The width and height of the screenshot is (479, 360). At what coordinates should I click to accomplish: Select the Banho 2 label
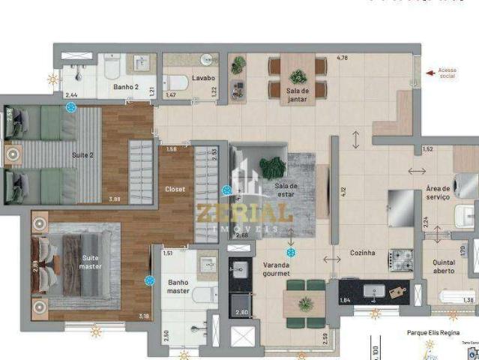pyautogui.click(x=124, y=87)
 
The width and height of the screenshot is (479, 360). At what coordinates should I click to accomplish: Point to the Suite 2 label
pyautogui.click(x=82, y=155)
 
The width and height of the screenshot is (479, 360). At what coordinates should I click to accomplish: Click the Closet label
pyautogui.click(x=175, y=189)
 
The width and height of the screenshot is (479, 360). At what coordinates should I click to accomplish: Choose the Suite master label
pyautogui.click(x=91, y=262)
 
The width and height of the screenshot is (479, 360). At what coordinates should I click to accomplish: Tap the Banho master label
pyautogui.click(x=178, y=286)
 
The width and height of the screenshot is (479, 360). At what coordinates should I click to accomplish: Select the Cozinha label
pyautogui.click(x=362, y=253)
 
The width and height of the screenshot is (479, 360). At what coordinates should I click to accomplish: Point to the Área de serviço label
pyautogui.click(x=438, y=193)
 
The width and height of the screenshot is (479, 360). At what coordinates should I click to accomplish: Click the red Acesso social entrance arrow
pyautogui.click(x=430, y=73)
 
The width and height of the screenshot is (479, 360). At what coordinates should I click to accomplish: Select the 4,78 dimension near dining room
pyautogui.click(x=343, y=58)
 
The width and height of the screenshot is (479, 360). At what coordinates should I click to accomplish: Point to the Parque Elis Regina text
pyautogui.click(x=433, y=332)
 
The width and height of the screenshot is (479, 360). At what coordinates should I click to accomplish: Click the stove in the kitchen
pyautogui.click(x=399, y=259)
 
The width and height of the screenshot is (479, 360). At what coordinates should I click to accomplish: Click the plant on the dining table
pyautogui.click(x=298, y=76)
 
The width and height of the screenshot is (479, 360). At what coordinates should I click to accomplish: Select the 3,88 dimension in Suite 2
pyautogui.click(x=115, y=199)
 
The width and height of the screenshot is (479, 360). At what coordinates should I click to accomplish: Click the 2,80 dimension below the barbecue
pyautogui.click(x=241, y=312)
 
